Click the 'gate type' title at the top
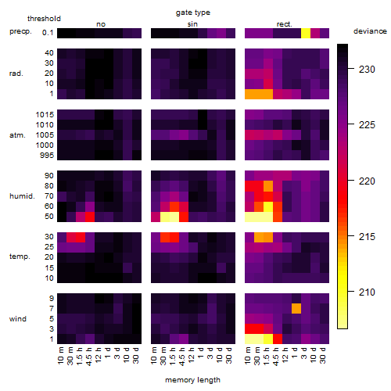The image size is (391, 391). (x=193, y=13)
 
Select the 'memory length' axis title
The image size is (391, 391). (x=192, y=380)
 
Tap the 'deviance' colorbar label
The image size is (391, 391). (x=370, y=31)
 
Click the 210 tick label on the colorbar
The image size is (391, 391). (x=367, y=292)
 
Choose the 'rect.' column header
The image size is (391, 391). (x=284, y=24)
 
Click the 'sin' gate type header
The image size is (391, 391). (x=192, y=24)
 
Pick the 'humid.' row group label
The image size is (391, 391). (x=22, y=196)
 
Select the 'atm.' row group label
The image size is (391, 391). (x=17, y=135)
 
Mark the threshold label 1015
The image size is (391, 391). (x=45, y=115)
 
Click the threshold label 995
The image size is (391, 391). (x=47, y=156)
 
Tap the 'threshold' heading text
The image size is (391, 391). (x=44, y=19)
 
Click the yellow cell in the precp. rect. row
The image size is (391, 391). (x=306, y=33)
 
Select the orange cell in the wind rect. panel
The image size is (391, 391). (x=296, y=308)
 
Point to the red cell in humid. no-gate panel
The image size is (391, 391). (x=90, y=217)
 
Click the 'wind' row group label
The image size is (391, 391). (x=18, y=319)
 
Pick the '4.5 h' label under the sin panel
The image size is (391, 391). (x=182, y=357)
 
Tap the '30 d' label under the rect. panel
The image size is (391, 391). (x=322, y=355)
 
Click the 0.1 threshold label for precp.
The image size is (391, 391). (x=48, y=33)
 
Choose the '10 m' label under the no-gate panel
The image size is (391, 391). (x=60, y=356)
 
